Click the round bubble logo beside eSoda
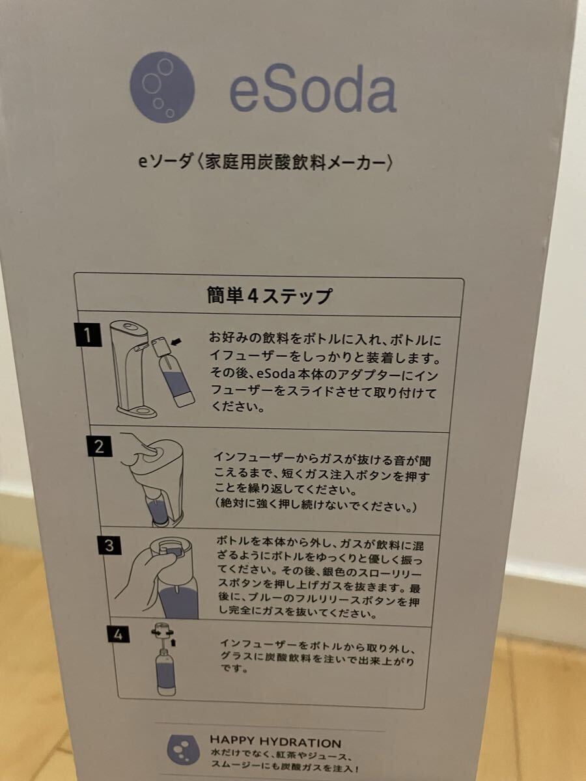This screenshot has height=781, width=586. click(162, 87)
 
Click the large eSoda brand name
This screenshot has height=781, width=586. click(313, 89)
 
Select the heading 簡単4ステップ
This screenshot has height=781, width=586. click(269, 296)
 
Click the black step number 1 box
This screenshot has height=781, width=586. click(89, 335)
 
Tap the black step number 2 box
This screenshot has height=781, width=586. click(100, 446)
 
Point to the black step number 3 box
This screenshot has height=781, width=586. click(109, 545)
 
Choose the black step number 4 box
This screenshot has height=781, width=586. click(119, 635)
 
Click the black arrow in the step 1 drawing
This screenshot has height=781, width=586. click(176, 342)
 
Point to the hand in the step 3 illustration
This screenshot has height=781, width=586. click(144, 579)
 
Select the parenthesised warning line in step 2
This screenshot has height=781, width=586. click(315, 505)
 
